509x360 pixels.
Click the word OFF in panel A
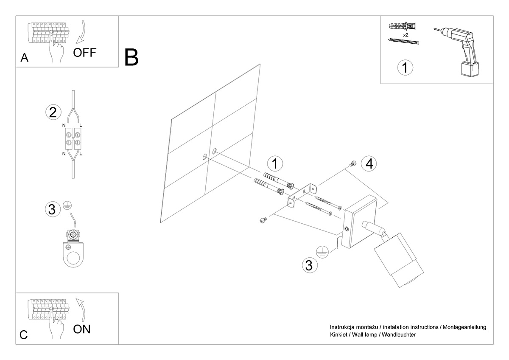pos(85,53)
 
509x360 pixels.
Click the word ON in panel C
pos(82,329)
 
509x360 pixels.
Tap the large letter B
pos(131,57)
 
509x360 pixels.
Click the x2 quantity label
pos(406,35)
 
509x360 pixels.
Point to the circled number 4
pos(369,164)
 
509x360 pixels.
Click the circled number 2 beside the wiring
pos(53,112)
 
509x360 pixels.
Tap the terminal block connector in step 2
pos(73,139)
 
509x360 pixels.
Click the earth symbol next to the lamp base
pos(322,252)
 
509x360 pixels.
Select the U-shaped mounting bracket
pos(302,196)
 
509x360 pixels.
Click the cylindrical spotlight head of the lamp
pos(399,260)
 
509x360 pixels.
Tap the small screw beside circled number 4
pos(353,163)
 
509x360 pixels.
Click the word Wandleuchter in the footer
pos(399,335)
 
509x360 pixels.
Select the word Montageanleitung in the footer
pos(464,327)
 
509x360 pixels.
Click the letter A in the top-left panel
pos(25,58)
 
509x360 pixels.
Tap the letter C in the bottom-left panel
pos(24,335)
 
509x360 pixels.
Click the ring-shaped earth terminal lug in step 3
pos(73,254)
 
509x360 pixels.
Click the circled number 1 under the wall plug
pos(405,67)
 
